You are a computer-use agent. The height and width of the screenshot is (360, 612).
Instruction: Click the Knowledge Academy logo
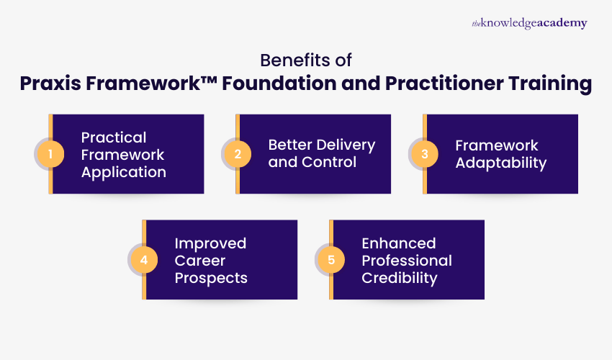pyautogui.click(x=529, y=24)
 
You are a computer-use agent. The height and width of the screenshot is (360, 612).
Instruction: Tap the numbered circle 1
pyautogui.click(x=49, y=154)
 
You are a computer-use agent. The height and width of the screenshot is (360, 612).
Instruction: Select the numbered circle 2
pyautogui.click(x=236, y=154)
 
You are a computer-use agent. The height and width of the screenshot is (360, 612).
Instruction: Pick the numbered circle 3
pyautogui.click(x=423, y=154)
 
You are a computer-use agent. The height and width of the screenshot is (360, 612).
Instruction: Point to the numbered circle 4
pyautogui.click(x=143, y=260)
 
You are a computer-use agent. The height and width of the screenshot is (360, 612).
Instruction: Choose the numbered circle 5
pyautogui.click(x=330, y=260)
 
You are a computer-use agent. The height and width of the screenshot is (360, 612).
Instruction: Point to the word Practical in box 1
pyautogui.click(x=114, y=138)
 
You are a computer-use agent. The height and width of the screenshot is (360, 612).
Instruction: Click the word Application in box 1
pyautogui.click(x=123, y=172)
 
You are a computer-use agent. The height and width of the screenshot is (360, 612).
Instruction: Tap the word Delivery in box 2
pyautogui.click(x=346, y=145)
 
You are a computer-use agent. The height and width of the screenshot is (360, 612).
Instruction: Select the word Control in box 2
pyautogui.click(x=328, y=162)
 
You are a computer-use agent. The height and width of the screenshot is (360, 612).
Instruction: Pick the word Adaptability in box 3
pyautogui.click(x=500, y=163)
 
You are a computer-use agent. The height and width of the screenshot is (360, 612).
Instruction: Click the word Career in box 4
pyautogui.click(x=199, y=260)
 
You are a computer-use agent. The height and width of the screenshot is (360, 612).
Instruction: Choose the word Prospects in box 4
pyautogui.click(x=211, y=277)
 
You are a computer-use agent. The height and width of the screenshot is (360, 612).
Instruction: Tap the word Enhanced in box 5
pyautogui.click(x=399, y=243)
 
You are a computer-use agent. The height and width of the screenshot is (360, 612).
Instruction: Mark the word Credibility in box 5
pyautogui.click(x=399, y=277)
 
